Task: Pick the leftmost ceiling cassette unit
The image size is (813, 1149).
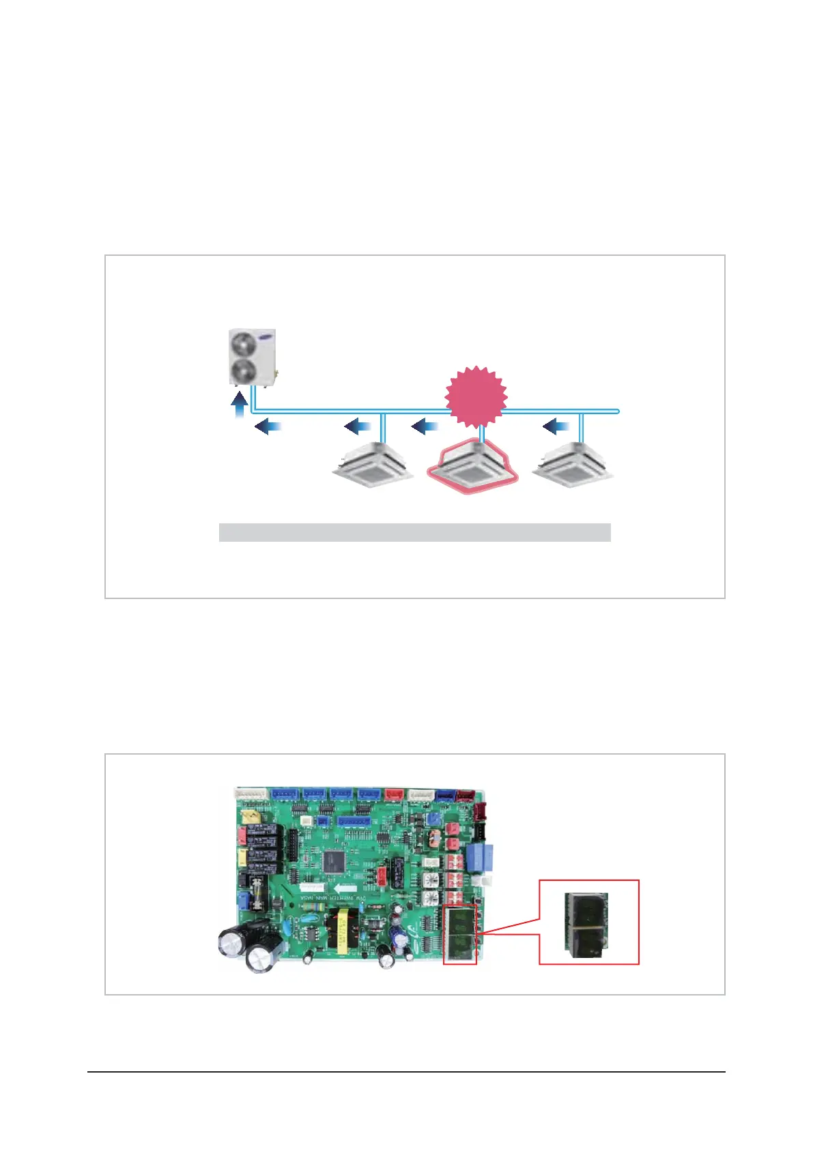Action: tap(373, 465)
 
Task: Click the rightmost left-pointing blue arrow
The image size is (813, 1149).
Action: tap(556, 427)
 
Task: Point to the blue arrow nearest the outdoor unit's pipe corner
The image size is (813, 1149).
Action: tap(268, 427)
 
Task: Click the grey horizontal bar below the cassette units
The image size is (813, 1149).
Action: tap(414, 532)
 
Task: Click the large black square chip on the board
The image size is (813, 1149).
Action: tap(335, 861)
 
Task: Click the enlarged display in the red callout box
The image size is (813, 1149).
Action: tap(586, 922)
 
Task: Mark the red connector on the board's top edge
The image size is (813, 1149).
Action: tap(395, 794)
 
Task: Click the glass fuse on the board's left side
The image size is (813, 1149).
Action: tap(257, 892)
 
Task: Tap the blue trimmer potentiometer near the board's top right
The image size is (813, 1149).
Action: tap(432, 817)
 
